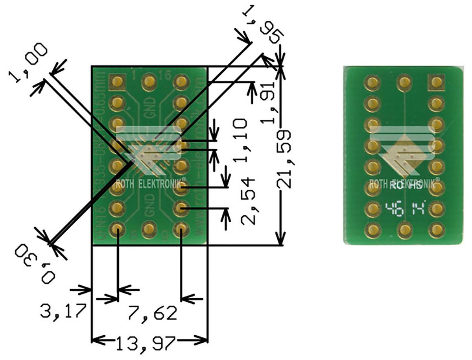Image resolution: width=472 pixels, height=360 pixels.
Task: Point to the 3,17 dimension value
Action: point(63,311)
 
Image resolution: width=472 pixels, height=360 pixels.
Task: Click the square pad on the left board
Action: point(117,82)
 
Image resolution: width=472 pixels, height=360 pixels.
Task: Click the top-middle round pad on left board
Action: point(149,82)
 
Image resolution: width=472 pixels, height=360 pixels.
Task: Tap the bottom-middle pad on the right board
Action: point(404,230)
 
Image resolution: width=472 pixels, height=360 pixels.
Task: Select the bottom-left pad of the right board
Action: point(372,230)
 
